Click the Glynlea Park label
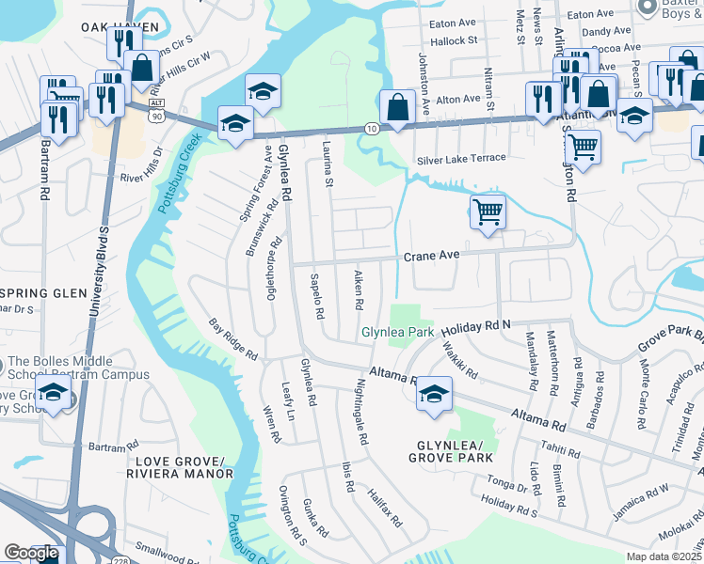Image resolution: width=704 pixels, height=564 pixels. (x=398, y=333)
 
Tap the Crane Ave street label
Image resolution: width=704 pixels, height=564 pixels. (x=431, y=256)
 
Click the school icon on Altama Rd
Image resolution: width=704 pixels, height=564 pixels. (x=434, y=393)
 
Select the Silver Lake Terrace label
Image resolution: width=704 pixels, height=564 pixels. (x=461, y=158)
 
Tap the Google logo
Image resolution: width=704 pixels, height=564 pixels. (x=31, y=553)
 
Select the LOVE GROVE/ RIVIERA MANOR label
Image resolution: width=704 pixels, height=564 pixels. (x=181, y=467)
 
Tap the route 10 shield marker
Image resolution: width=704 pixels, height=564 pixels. (x=372, y=127)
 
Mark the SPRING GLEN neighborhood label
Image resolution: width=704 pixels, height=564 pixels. (x=38, y=290)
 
